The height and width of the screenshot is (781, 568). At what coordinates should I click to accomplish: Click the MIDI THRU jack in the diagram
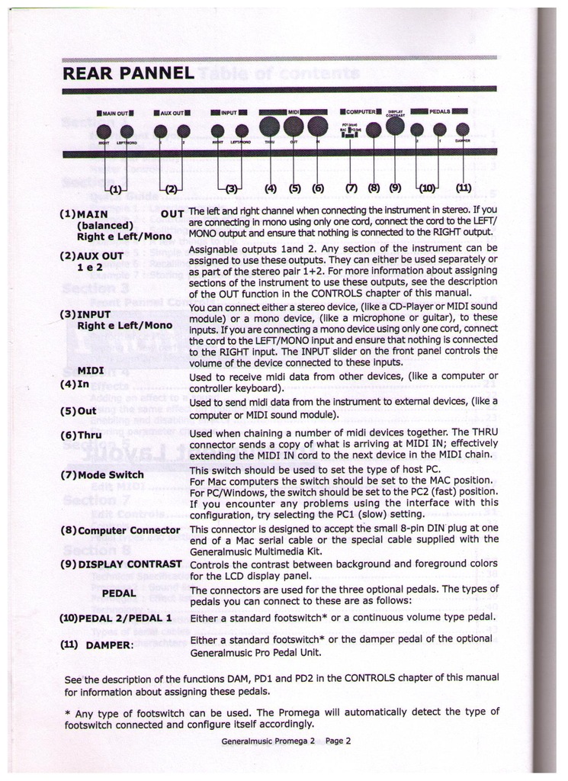(269, 127)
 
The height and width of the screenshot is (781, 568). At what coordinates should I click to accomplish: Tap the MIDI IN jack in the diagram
(318, 127)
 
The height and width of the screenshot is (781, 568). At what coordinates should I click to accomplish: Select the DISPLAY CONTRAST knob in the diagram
(395, 126)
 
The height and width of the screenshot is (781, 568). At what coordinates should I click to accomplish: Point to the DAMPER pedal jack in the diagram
(462, 129)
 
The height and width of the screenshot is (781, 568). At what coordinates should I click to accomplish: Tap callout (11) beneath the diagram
(463, 187)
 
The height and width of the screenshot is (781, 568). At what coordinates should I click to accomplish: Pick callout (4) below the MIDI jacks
(270, 187)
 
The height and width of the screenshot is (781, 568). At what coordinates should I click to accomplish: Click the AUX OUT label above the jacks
(172, 113)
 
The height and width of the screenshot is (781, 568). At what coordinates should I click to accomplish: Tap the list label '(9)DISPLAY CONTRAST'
(120, 564)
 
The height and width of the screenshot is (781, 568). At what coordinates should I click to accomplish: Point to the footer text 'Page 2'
(337, 740)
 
